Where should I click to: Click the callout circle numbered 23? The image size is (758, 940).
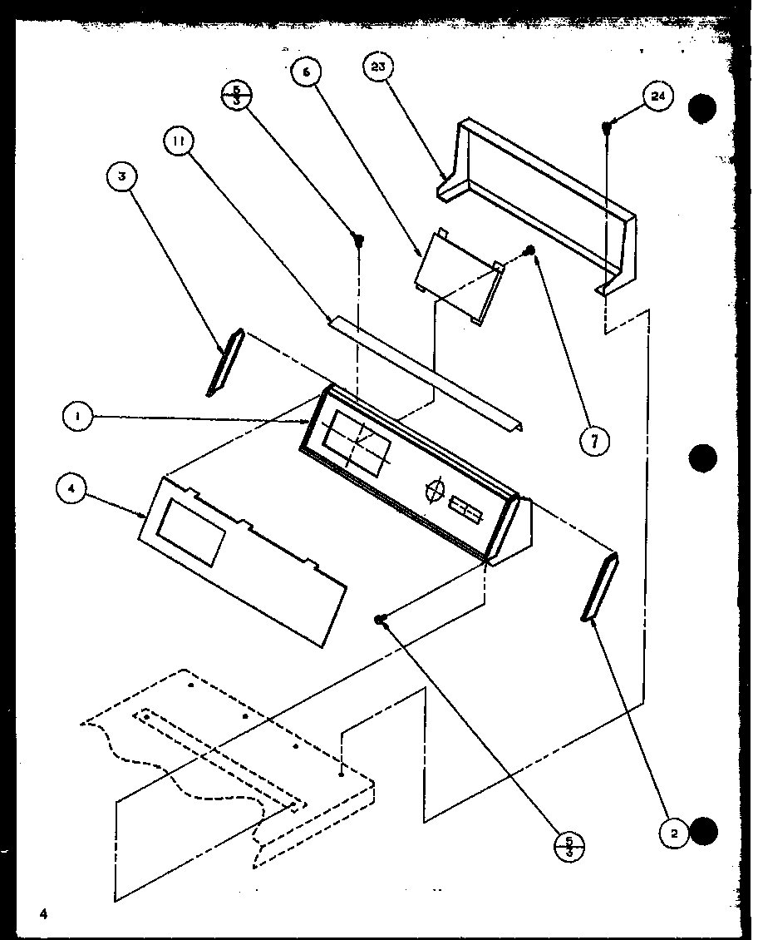coord(378,68)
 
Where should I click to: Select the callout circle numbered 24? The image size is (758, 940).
coord(657,97)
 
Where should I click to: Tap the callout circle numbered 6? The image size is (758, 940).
coord(306,73)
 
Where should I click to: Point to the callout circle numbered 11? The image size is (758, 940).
coord(177,141)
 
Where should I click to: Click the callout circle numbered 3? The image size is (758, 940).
coord(122,176)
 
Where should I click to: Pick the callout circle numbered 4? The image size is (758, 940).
coord(72,490)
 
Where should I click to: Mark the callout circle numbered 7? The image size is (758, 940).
coord(594,440)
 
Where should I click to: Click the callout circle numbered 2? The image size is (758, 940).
coord(675,833)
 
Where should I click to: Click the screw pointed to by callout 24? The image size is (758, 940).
coord(608,126)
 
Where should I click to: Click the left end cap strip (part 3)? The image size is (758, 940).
coord(224,361)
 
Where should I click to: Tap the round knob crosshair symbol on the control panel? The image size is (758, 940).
coord(434,492)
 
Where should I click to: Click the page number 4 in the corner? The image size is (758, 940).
coord(41,913)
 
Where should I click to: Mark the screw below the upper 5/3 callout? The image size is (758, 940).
coord(360,241)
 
